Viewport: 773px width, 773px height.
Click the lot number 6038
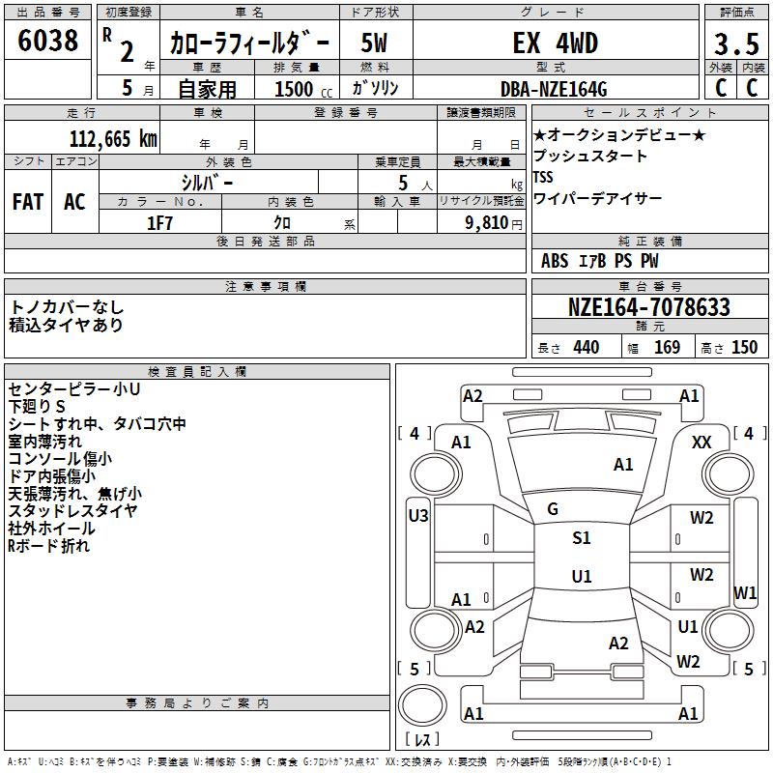pyautogui.click(x=47, y=40)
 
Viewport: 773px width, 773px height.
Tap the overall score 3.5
pyautogui.click(x=736, y=43)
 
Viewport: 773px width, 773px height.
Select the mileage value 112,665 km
pyautogui.click(x=113, y=139)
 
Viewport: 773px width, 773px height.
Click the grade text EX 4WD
pyautogui.click(x=555, y=43)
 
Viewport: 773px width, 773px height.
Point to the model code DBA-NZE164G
pyautogui.click(x=554, y=89)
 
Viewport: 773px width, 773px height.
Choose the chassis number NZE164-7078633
pyautogui.click(x=648, y=306)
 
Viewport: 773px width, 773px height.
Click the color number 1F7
pyautogui.click(x=159, y=223)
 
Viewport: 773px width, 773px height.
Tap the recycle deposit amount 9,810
pyautogui.click(x=487, y=223)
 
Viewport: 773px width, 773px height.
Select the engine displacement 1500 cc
pyautogui.click(x=303, y=89)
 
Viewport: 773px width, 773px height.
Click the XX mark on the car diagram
pyautogui.click(x=701, y=443)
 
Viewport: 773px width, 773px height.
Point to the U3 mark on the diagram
pyautogui.click(x=418, y=516)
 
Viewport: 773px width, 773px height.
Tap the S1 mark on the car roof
pyautogui.click(x=582, y=537)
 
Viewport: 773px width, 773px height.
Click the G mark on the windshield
pyautogui.click(x=553, y=509)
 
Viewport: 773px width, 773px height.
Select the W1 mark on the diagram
pyautogui.click(x=745, y=592)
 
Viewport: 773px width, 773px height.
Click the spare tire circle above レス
pyautogui.click(x=422, y=705)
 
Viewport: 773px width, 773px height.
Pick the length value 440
pyautogui.click(x=587, y=347)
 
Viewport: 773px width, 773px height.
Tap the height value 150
pyautogui.click(x=744, y=347)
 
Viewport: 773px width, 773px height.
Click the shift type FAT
pyautogui.click(x=28, y=202)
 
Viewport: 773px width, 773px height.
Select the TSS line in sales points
pyautogui.click(x=543, y=177)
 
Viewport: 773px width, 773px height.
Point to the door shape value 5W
pyautogui.click(x=374, y=43)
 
